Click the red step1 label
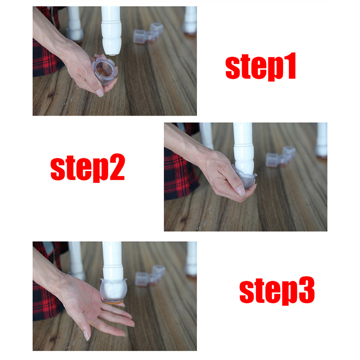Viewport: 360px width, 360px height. coord(261,67)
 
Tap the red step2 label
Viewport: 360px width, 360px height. coord(88,168)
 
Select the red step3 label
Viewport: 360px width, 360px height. coord(277,291)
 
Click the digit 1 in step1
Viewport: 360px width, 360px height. coord(290,66)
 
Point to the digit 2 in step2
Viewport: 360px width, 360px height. coord(117,166)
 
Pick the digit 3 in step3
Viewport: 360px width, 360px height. coord(307,290)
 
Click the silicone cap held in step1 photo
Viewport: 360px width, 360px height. coord(105,69)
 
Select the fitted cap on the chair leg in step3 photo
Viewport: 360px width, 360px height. coord(113,290)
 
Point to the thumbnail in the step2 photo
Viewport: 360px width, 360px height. coord(240,190)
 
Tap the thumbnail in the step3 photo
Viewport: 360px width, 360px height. coord(86,336)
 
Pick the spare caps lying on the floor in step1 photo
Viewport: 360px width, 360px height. coord(148,33)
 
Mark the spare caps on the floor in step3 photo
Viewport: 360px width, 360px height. coord(150,275)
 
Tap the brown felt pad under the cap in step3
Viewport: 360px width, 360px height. coord(113,302)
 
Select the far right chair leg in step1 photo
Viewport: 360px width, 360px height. coord(190,20)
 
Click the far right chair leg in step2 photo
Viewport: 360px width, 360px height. coord(321,140)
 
